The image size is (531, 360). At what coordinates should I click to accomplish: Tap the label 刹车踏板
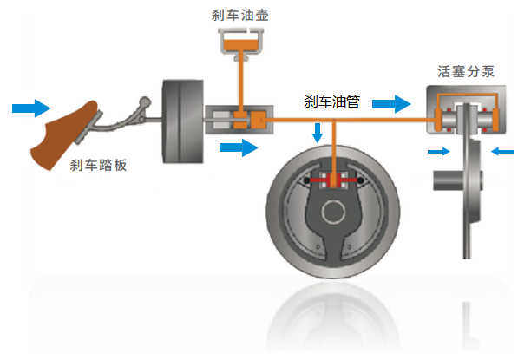[98, 165]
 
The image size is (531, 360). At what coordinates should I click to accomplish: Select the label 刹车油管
[332, 102]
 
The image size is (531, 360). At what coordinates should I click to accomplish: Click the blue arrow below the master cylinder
[239, 148]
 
